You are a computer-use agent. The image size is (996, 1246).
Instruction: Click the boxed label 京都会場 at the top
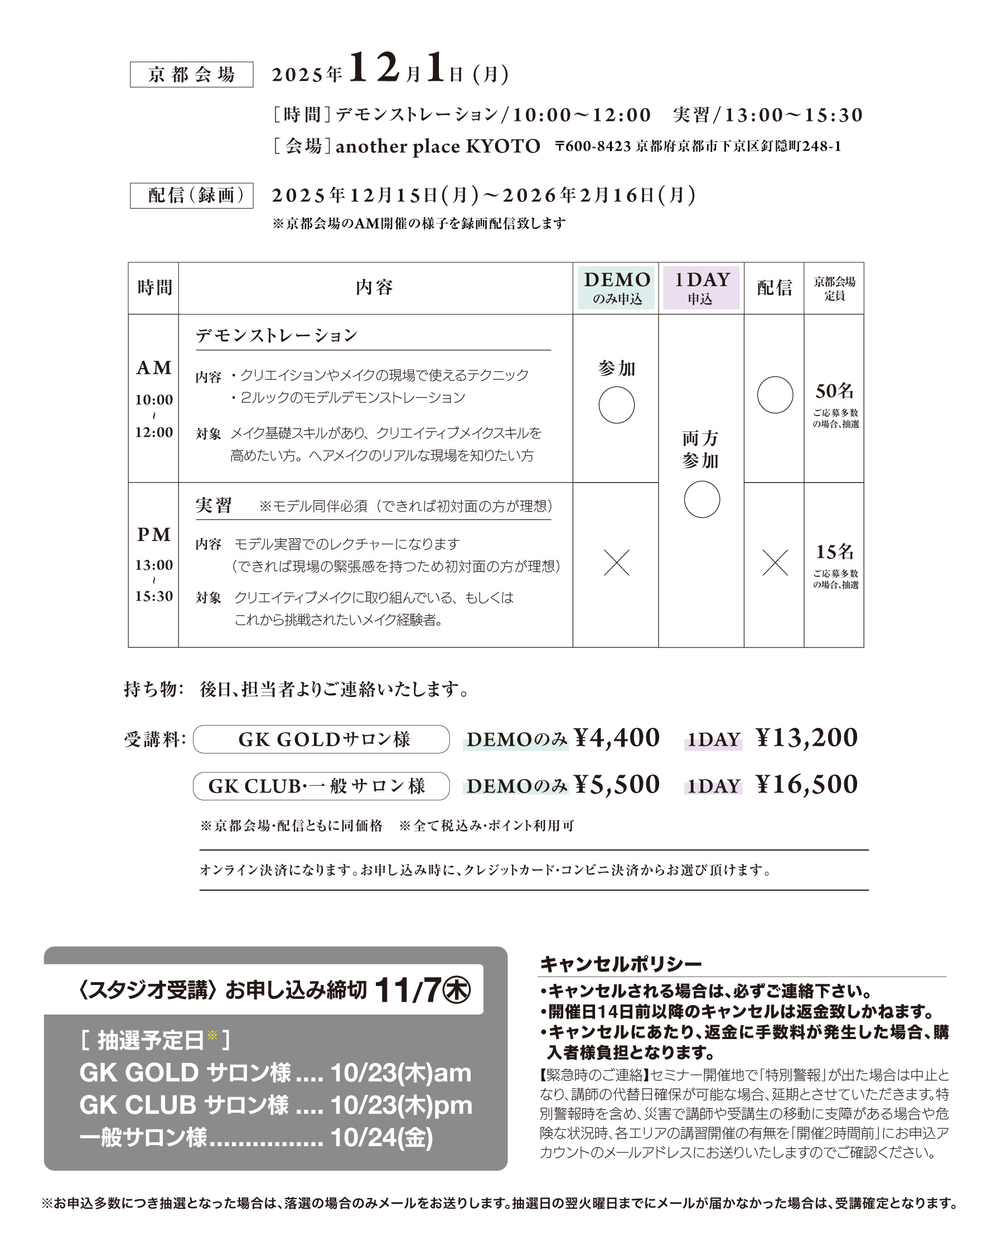[191, 75]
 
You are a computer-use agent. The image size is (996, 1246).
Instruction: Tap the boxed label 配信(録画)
[191, 195]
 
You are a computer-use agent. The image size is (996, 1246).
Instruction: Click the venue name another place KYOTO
[437, 146]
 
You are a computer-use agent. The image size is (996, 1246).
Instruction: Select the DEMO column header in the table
[616, 288]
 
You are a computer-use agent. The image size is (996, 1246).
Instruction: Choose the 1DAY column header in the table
[701, 288]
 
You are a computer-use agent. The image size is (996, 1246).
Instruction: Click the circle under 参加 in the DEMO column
[616, 405]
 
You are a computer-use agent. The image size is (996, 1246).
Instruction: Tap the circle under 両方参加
[702, 500]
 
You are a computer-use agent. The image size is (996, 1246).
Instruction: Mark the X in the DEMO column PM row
[616, 562]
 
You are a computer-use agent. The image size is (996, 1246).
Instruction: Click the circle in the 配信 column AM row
[775, 395]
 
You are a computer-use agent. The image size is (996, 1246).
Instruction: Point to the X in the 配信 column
[775, 562]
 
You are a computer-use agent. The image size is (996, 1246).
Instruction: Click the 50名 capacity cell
[834, 391]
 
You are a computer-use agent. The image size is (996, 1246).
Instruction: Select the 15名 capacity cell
[834, 552]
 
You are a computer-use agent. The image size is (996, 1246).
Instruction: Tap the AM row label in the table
[154, 368]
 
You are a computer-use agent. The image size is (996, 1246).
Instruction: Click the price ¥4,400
[617, 738]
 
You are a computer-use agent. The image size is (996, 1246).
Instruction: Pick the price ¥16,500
[806, 785]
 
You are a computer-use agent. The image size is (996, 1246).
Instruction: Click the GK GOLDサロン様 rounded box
[321, 739]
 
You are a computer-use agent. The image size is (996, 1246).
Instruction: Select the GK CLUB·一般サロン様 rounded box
[321, 786]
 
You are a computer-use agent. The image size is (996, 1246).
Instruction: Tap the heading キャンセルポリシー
[621, 963]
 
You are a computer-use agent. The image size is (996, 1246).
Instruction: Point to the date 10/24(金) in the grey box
[381, 1138]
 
